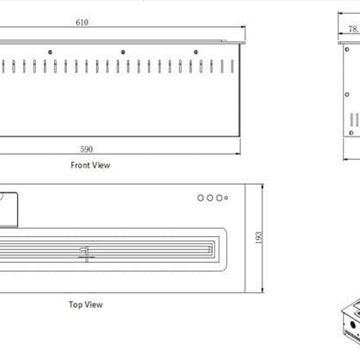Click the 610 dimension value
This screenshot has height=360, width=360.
tap(82, 22)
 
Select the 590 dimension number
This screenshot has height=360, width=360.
tap(87, 149)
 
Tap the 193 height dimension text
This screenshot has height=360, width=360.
tap(259, 237)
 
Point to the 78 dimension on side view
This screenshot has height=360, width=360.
tap(353, 29)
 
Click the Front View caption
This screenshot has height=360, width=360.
tap(90, 165)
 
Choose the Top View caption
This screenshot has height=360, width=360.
tap(86, 304)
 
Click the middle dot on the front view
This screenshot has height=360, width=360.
tap(123, 52)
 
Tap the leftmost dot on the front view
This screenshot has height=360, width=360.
tap(50, 52)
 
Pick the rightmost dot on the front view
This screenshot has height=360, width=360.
tap(196, 52)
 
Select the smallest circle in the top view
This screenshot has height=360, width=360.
tap(226, 198)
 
